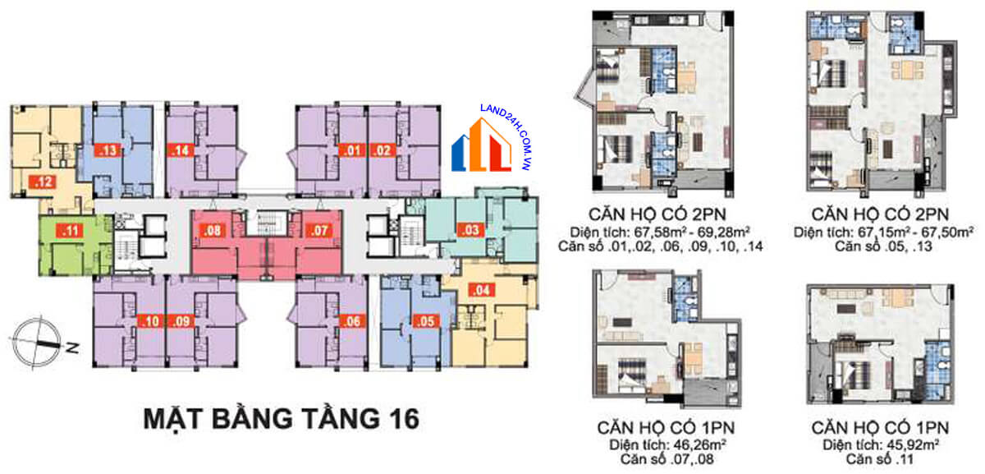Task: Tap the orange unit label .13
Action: [x=108, y=150]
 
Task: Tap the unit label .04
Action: [x=480, y=289]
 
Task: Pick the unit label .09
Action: [x=181, y=321]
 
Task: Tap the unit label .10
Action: [x=150, y=321]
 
